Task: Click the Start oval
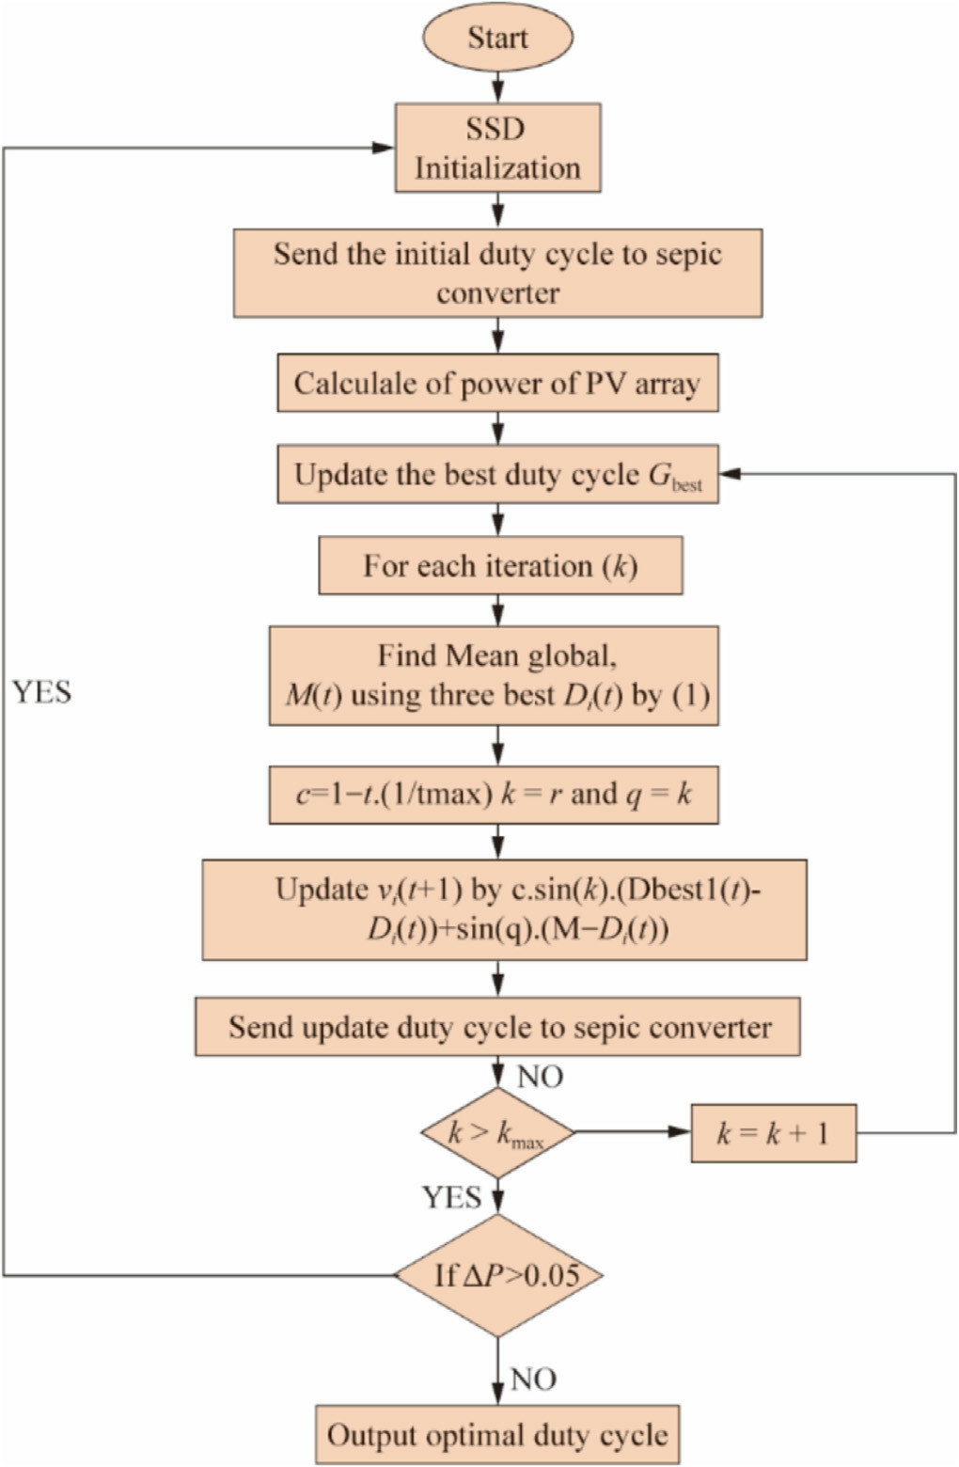(x=497, y=39)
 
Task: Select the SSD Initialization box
(x=497, y=149)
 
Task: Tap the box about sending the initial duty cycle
(x=497, y=273)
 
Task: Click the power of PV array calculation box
(x=497, y=383)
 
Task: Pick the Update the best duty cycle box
(x=497, y=474)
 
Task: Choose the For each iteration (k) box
(x=500, y=566)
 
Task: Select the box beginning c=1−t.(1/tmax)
(x=494, y=795)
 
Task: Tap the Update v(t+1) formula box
(x=504, y=909)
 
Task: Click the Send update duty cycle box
(x=497, y=1027)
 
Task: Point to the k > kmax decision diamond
(x=497, y=1133)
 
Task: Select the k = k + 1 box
(x=773, y=1133)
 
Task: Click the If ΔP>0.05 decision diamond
(x=497, y=1275)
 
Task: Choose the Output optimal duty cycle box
(x=497, y=1435)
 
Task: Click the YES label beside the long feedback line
(x=42, y=692)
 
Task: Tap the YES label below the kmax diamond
(x=451, y=1197)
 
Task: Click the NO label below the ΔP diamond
(x=533, y=1380)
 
